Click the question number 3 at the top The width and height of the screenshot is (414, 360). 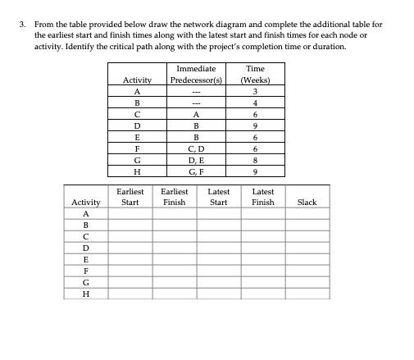tap(22, 25)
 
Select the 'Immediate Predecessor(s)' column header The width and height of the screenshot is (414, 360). tap(196, 75)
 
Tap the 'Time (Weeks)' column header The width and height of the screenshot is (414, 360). tap(255, 75)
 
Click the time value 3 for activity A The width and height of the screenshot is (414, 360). tap(255, 92)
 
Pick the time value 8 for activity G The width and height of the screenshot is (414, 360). tap(255, 161)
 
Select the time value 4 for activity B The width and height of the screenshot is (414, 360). tap(255, 103)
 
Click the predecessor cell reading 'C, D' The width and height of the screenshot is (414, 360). tap(196, 149)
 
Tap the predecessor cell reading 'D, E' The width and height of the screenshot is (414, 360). tap(196, 161)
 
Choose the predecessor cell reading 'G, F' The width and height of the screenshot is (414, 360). tap(196, 172)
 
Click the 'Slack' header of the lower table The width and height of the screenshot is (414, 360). tap(307, 202)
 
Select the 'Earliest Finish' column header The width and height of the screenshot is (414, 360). tap(174, 197)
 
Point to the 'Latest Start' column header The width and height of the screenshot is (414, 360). tap(218, 197)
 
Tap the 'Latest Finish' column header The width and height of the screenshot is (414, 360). tap(262, 197)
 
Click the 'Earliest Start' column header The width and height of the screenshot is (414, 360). tap(130, 197)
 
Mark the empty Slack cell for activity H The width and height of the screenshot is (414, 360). tap(307, 293)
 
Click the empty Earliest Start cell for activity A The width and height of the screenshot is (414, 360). tap(130, 212)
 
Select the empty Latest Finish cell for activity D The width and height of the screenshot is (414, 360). tap(262, 247)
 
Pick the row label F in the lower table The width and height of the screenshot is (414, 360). tap(85, 270)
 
